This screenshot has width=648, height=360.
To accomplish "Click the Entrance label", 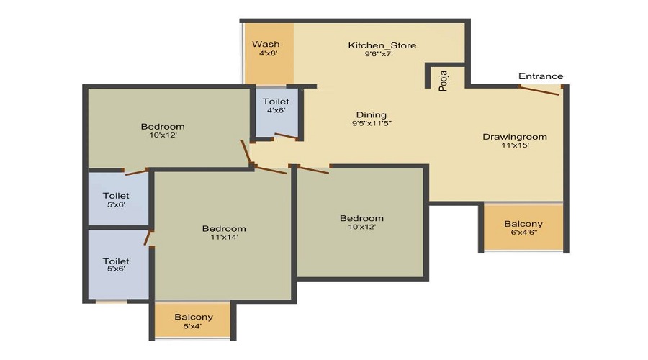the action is (541, 76).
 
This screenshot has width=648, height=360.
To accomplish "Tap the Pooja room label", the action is (443, 81).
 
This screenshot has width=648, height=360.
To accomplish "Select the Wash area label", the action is (266, 44).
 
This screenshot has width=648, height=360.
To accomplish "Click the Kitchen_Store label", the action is (382, 45).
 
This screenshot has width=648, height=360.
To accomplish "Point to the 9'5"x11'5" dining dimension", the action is (372, 123).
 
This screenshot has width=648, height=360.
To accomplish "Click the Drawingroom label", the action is (515, 137).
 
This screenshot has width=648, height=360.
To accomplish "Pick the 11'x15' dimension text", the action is (515, 145).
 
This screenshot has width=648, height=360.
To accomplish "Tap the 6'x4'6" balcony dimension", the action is (523, 233).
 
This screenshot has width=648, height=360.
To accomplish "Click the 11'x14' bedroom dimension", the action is (224, 238).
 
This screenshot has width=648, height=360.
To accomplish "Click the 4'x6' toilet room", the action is (276, 112).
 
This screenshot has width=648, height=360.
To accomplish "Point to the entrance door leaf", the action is (540, 91).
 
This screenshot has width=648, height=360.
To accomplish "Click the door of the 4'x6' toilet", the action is (286, 136).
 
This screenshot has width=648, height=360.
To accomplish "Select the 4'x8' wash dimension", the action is (268, 53).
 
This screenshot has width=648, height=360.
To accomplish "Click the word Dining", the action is (372, 115).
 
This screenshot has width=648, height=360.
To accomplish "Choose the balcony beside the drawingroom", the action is (523, 227).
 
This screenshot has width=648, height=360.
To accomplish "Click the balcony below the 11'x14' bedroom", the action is (193, 320).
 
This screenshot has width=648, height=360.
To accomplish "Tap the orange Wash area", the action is (269, 53).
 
